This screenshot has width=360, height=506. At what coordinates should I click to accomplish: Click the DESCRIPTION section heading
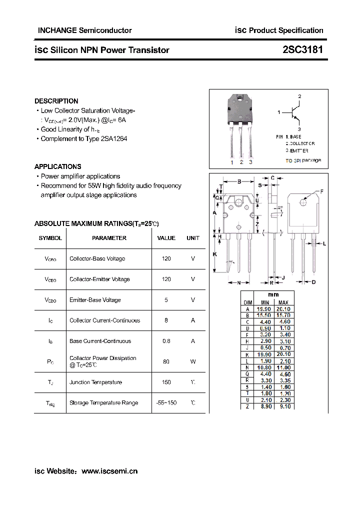coord(56,101)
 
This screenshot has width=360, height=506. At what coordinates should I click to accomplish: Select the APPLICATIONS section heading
coord(58,166)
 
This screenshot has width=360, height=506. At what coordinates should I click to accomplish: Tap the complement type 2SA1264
coord(114,138)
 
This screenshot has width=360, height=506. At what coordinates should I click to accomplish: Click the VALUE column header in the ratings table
coord(166,238)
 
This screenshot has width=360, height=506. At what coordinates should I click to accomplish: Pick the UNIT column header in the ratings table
coord(193,238)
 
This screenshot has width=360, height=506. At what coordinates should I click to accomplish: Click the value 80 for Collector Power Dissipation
coord(166,361)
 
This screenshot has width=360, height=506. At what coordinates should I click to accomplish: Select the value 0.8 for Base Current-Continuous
coord(166,341)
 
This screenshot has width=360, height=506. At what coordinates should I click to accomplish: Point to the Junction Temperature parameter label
coord(95,382)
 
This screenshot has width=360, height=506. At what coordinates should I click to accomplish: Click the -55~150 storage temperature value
coord(166,402)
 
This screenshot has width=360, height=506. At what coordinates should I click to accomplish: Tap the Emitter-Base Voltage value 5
coord(166,300)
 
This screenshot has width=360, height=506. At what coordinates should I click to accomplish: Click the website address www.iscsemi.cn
coord(109,471)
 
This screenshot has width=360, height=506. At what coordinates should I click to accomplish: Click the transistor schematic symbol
coord(295,112)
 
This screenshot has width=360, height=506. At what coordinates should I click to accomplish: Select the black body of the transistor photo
coord(241,109)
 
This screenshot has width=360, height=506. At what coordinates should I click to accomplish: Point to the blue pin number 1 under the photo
coord(232,162)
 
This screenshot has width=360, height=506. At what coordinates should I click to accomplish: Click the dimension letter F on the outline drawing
coord(321,191)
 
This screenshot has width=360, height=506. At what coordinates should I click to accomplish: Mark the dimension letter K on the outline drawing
coord(214,254)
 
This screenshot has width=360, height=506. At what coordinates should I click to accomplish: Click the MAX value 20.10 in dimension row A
coord(283,309)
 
